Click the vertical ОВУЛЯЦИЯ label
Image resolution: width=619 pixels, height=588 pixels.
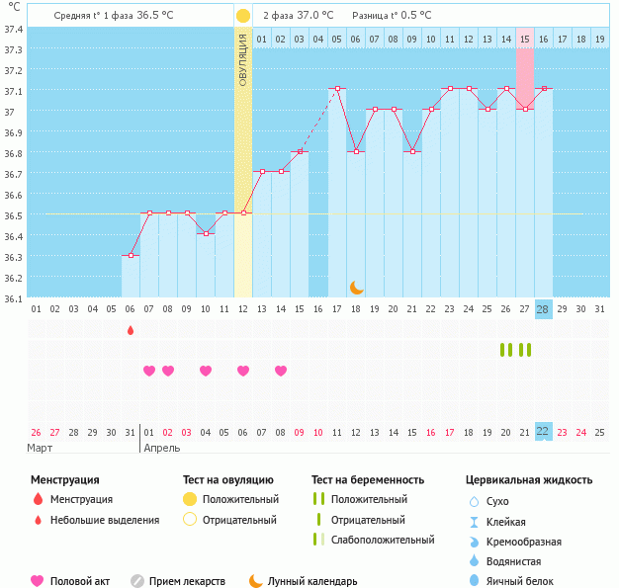(243, 60)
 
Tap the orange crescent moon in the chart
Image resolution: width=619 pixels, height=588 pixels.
(357, 288)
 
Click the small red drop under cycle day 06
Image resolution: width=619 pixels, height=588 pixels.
(131, 330)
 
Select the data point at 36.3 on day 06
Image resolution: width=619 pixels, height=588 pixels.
(132, 255)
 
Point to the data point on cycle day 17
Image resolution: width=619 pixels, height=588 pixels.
(337, 88)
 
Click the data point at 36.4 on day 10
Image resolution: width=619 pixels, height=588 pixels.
(206, 233)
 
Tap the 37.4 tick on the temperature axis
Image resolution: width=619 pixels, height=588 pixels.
(14, 30)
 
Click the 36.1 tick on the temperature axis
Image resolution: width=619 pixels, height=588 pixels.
(14, 298)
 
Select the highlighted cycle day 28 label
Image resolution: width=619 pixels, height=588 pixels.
(543, 309)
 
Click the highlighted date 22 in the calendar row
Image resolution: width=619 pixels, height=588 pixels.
(543, 432)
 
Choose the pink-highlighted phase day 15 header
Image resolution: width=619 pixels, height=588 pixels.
(525, 39)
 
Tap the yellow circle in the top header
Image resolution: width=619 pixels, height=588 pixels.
(243, 16)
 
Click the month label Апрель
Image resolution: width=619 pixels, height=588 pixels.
(162, 449)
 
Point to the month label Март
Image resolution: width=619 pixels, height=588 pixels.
(40, 449)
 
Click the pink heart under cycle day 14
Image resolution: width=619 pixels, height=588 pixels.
(281, 371)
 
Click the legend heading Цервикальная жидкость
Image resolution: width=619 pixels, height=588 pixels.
(529, 480)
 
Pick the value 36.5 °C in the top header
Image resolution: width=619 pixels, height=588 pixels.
(154, 16)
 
